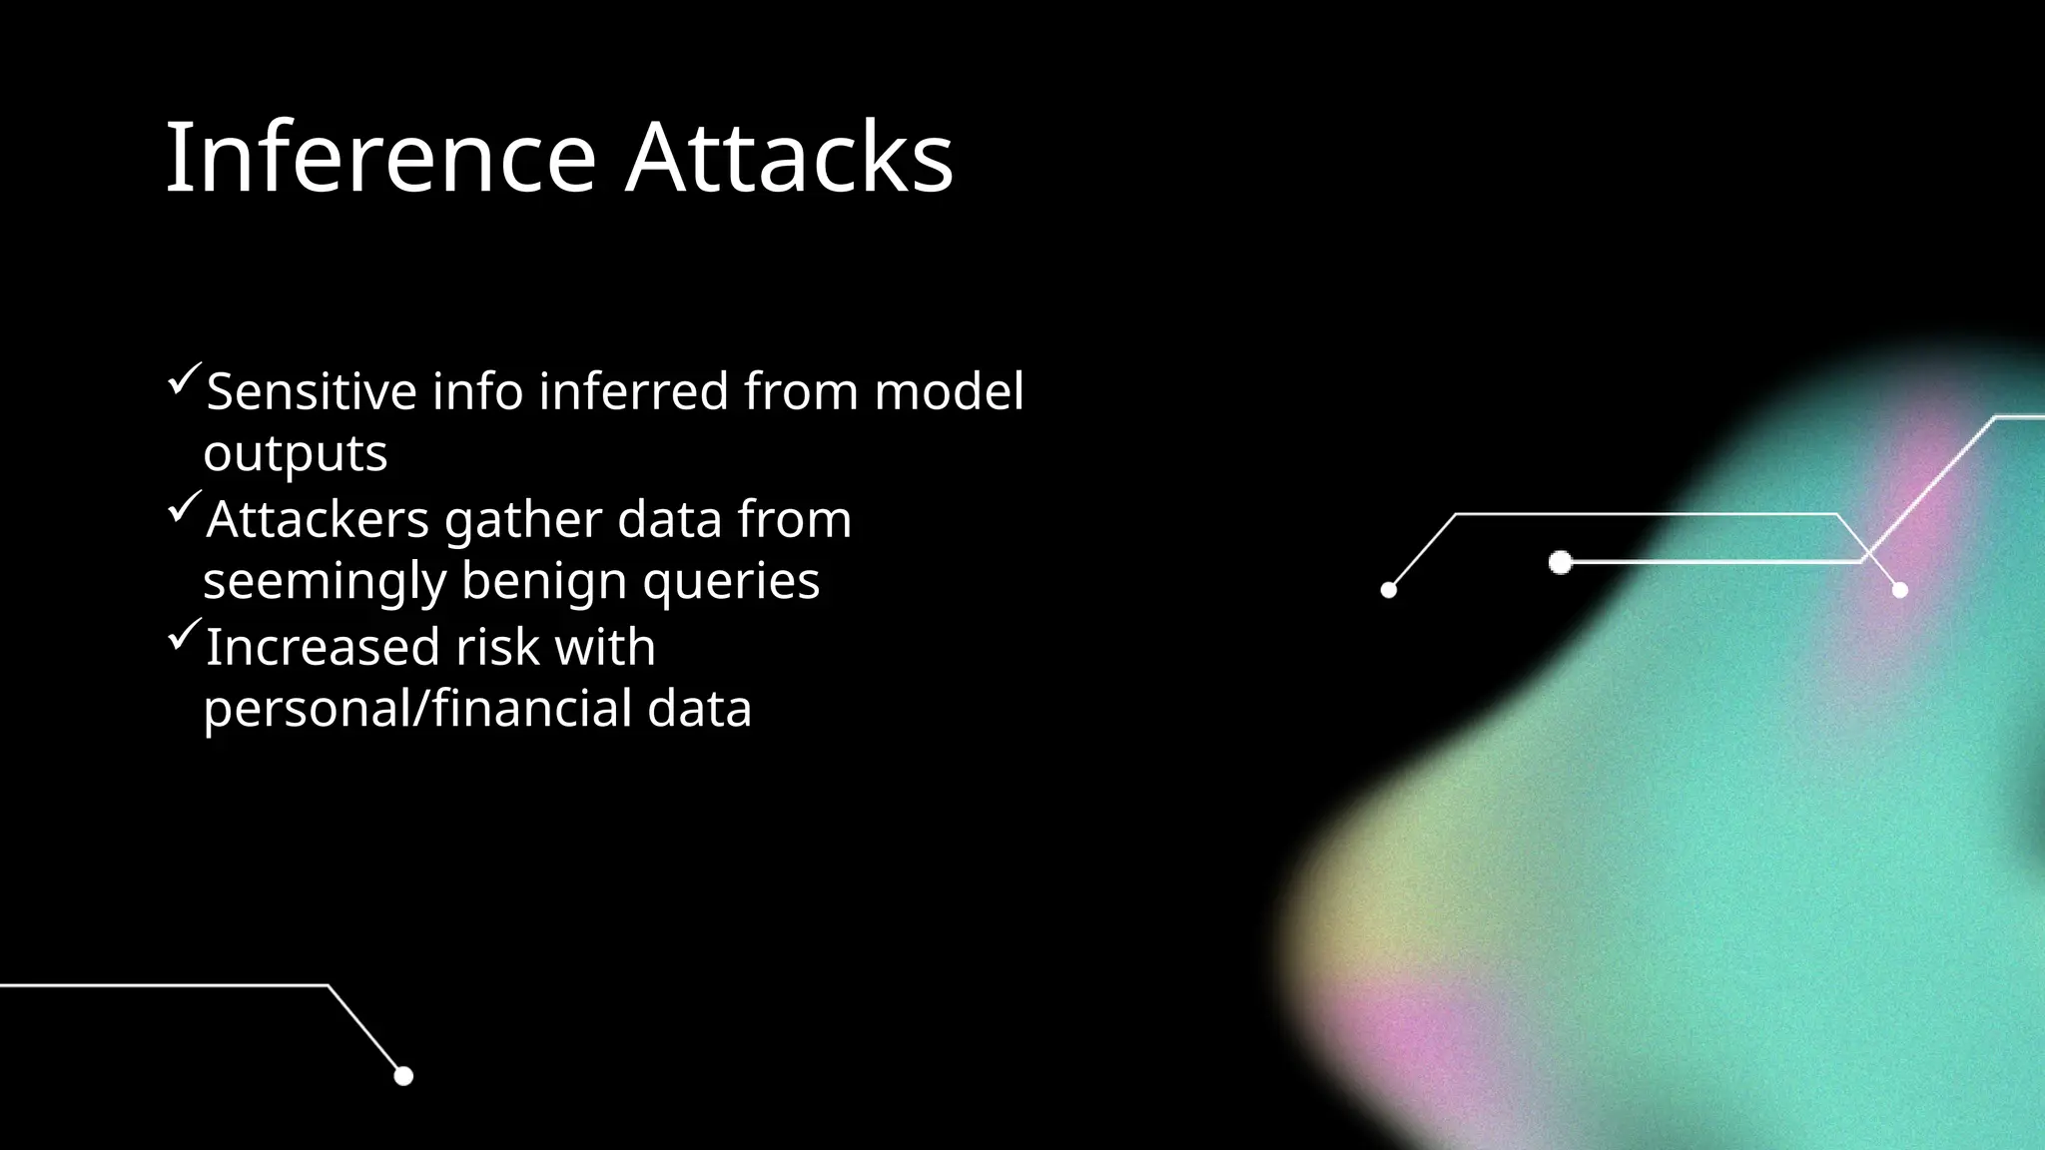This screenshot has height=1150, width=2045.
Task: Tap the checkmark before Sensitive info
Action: coord(185,379)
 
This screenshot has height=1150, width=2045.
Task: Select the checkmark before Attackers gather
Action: coord(185,507)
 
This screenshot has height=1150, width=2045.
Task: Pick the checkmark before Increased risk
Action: coord(185,635)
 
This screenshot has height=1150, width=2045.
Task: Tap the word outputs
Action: coord(296,454)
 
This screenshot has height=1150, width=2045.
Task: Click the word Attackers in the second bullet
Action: coord(318,519)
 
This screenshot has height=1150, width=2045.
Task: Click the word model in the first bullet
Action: coord(949,390)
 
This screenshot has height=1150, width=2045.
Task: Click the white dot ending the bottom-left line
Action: coord(403,1075)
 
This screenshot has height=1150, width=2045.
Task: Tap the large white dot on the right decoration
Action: coord(1560,562)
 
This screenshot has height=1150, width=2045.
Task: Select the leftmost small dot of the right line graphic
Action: coord(1388,590)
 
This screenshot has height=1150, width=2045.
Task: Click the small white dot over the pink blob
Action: coord(1899,590)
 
